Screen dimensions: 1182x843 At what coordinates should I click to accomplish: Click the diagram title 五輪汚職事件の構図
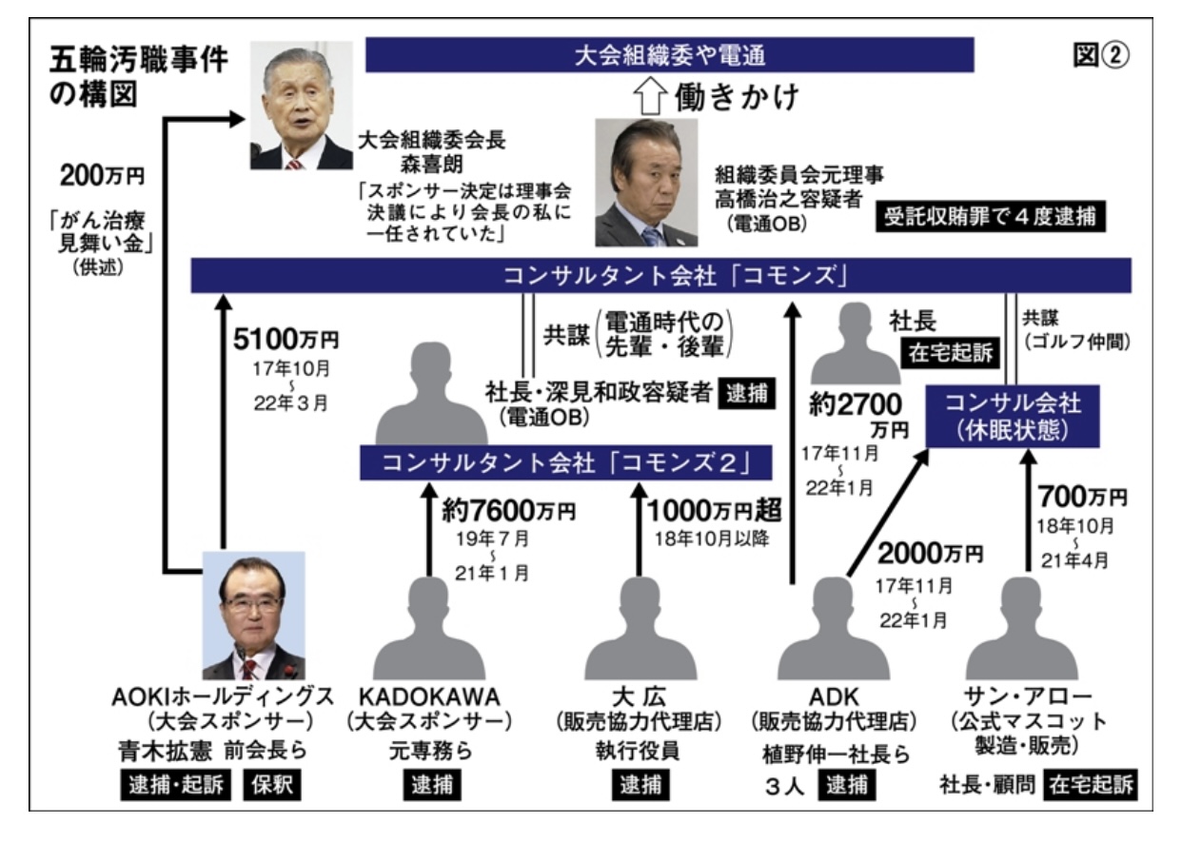click(x=138, y=77)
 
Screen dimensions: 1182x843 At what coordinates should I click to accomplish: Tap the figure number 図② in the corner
click(x=1101, y=55)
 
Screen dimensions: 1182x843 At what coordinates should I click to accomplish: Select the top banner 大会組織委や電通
click(x=670, y=55)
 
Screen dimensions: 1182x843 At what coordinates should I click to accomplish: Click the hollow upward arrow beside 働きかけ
click(x=650, y=96)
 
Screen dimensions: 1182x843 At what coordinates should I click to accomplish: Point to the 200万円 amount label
click(x=103, y=175)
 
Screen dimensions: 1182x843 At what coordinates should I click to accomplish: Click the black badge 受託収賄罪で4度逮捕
click(x=991, y=216)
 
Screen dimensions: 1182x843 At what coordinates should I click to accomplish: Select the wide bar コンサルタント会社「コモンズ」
click(x=660, y=275)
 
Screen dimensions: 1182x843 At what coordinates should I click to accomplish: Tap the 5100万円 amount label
click(x=286, y=339)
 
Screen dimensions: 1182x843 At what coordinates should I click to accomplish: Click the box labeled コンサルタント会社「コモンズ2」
click(x=565, y=462)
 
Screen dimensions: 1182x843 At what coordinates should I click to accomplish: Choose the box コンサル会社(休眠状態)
click(x=1013, y=416)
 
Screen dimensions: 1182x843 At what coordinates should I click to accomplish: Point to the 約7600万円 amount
click(x=509, y=510)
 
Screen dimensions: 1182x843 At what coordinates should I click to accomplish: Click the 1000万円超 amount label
click(x=715, y=510)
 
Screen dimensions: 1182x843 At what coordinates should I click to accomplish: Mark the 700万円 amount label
click(x=1083, y=496)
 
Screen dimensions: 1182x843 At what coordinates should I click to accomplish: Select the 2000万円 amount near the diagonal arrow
click(x=931, y=554)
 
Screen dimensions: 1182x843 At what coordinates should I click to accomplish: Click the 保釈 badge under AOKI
click(x=272, y=784)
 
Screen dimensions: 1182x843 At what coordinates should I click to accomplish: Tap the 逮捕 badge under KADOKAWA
click(x=432, y=784)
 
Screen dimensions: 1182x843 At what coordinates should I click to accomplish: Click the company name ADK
click(x=835, y=696)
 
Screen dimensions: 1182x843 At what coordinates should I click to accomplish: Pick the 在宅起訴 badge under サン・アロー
click(x=1091, y=784)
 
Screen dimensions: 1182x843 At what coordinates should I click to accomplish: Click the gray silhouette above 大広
click(x=640, y=628)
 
